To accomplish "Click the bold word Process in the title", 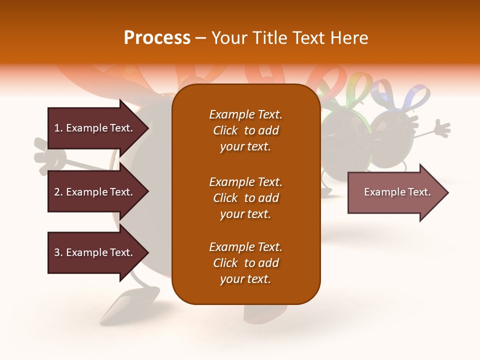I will tap(157, 38).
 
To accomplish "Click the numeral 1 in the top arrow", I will tap(57, 128).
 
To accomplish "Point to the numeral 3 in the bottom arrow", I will tap(57, 252).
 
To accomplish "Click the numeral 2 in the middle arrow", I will tap(57, 192).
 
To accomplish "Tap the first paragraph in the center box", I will tap(245, 130).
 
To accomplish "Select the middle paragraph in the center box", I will tap(245, 198).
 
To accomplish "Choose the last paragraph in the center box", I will tap(245, 263).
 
